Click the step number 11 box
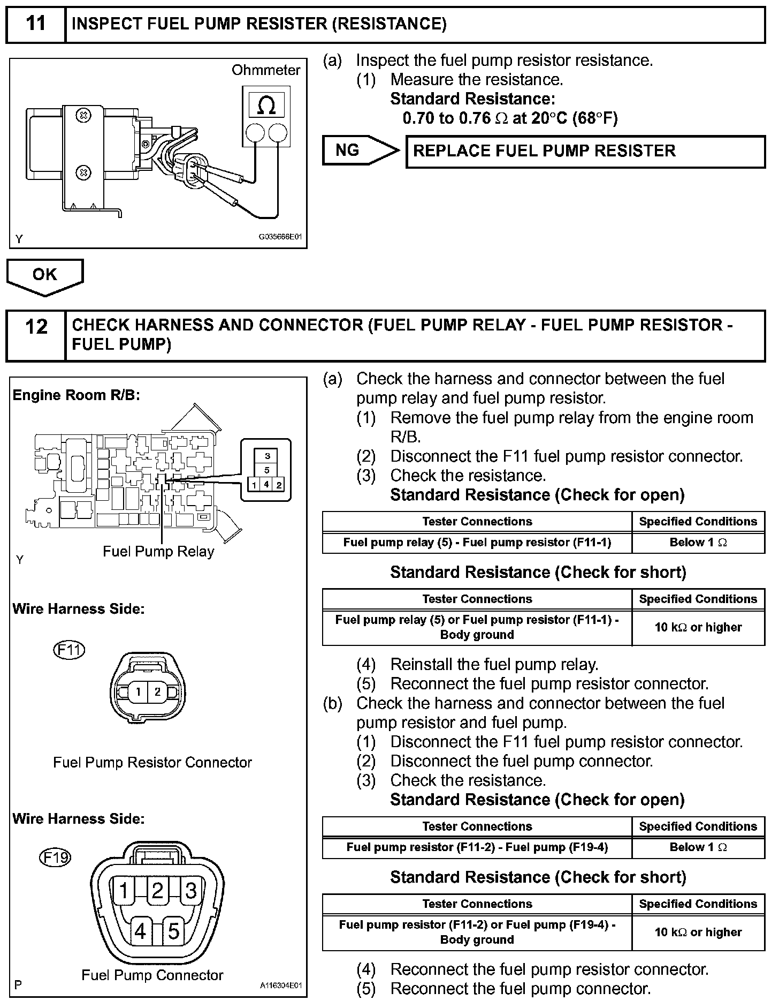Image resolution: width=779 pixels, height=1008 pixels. (x=35, y=24)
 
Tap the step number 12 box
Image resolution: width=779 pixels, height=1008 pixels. (x=35, y=335)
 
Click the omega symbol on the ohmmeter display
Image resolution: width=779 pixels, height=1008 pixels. (x=266, y=105)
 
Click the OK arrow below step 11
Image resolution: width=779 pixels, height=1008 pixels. (x=45, y=275)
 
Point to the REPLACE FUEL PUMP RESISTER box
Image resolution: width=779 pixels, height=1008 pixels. (x=585, y=152)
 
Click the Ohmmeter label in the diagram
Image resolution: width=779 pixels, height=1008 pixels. (x=266, y=70)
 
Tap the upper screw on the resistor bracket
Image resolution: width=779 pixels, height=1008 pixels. (x=83, y=115)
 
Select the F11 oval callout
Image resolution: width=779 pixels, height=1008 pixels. (x=70, y=650)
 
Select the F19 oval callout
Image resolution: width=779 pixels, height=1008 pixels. (x=56, y=858)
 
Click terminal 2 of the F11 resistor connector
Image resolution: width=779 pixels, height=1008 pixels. (x=157, y=691)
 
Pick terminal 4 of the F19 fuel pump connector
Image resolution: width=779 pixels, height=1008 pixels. (x=140, y=932)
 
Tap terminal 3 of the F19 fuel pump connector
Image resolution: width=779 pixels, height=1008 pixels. (x=191, y=891)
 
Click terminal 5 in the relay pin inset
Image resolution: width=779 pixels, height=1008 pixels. (x=267, y=470)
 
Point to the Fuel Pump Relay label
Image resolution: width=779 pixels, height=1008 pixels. (x=158, y=552)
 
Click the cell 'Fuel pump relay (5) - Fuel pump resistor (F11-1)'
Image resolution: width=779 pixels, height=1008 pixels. (x=477, y=543)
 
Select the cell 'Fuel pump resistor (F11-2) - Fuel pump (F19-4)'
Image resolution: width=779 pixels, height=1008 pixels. (x=477, y=847)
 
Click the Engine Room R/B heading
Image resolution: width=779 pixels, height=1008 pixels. (x=76, y=395)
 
